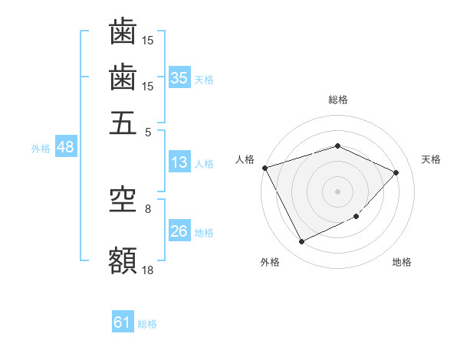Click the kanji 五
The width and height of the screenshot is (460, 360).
(x=123, y=122)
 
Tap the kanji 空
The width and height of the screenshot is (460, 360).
(x=123, y=200)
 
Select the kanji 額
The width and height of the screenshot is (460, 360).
(x=123, y=260)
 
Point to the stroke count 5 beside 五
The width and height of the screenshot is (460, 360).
(x=148, y=132)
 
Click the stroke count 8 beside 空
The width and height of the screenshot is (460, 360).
(x=148, y=208)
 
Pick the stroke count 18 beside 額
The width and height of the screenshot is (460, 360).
(x=148, y=269)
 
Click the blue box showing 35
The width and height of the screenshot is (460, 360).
(x=179, y=78)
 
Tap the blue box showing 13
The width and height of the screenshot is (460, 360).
(x=179, y=162)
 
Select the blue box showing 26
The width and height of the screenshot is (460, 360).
(x=179, y=231)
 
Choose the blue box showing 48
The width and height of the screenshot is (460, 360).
(x=65, y=147)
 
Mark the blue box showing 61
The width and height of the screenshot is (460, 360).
(x=123, y=322)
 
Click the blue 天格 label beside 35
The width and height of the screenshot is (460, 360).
(x=204, y=79)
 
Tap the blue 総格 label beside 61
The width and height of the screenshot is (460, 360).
(x=147, y=324)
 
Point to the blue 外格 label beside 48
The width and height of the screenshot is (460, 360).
(x=41, y=149)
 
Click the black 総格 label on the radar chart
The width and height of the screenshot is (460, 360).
(x=337, y=100)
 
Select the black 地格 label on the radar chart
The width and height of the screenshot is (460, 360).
(x=402, y=262)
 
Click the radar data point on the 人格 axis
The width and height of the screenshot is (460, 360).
(x=265, y=168)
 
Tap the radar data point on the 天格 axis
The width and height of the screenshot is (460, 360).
(x=396, y=172)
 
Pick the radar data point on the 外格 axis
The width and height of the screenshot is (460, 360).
(x=302, y=242)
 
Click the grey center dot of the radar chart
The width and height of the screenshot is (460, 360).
(x=337, y=191)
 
